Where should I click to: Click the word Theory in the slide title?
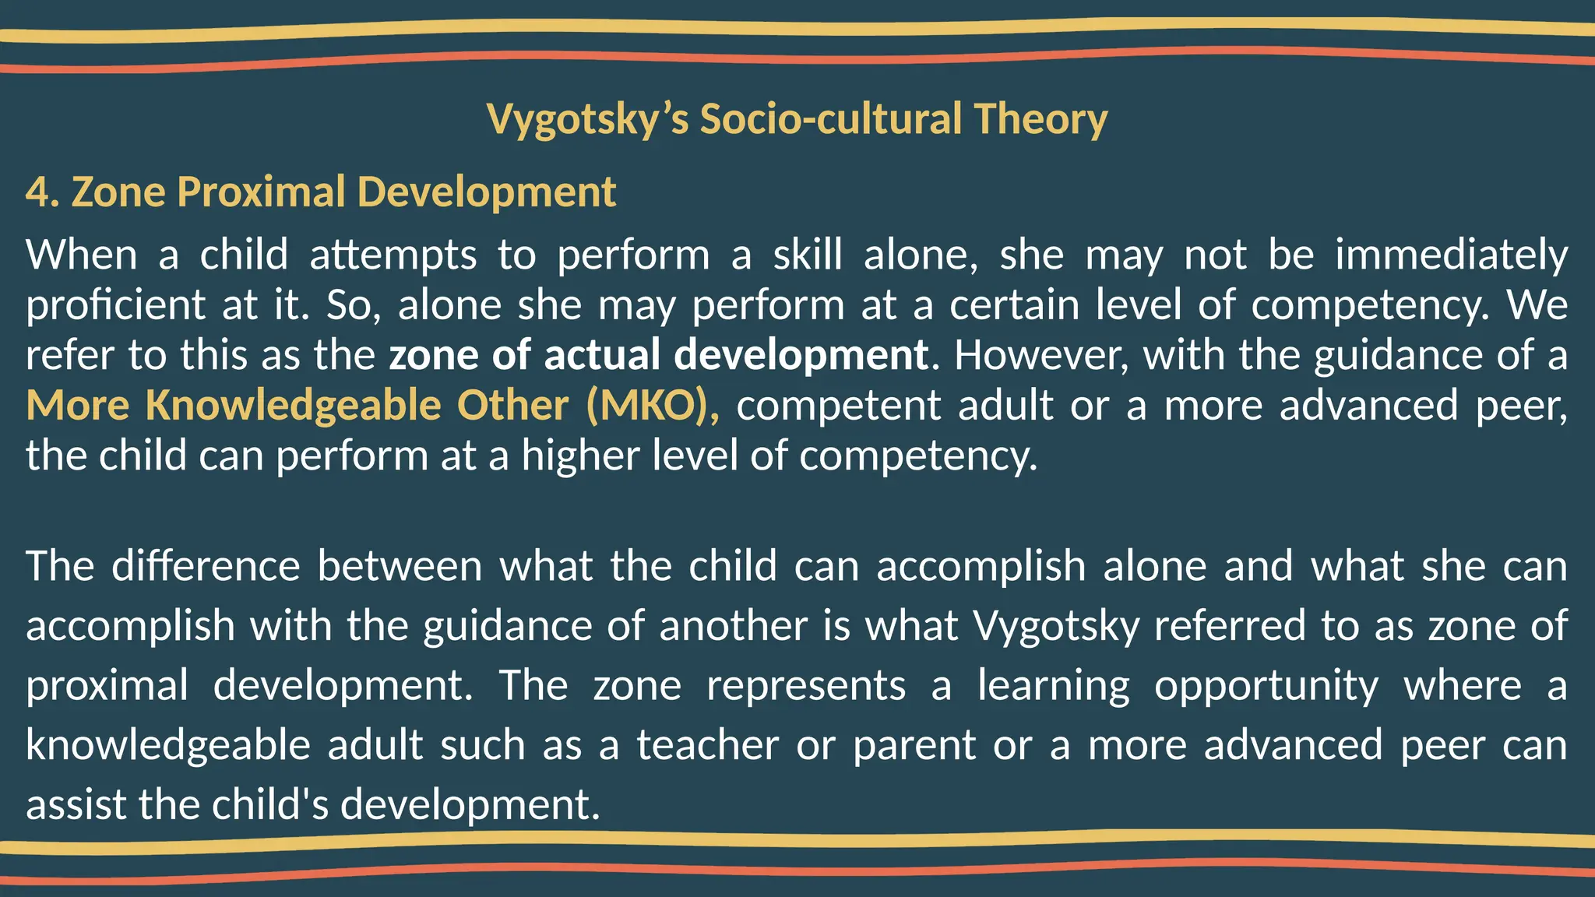click(1040, 119)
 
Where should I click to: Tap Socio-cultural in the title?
click(831, 119)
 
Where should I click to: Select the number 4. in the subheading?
click(43, 192)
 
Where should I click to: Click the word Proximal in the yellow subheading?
click(262, 192)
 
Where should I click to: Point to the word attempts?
click(393, 255)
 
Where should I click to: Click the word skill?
click(808, 255)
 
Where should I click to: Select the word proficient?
click(115, 305)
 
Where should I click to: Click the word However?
click(1040, 355)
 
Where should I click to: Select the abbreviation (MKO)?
click(653, 405)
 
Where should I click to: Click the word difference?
click(206, 566)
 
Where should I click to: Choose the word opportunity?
click(1266, 686)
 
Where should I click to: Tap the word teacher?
click(707, 745)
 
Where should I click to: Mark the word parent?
click(914, 746)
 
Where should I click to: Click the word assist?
click(76, 804)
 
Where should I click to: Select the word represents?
click(806, 686)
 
